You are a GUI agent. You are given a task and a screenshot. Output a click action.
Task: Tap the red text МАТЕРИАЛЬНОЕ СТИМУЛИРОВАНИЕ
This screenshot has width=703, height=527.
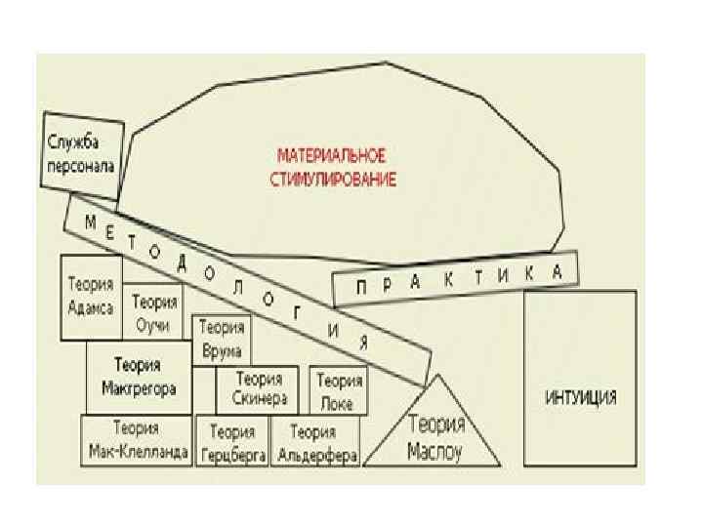point(332,167)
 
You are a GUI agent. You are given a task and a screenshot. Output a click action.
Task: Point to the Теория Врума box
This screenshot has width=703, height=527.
point(222,339)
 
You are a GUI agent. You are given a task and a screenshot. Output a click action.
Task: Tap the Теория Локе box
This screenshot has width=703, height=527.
point(338,390)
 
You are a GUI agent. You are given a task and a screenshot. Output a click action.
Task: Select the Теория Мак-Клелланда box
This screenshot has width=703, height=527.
point(138,442)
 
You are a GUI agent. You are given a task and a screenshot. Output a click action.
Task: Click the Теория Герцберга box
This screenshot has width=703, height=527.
point(232,443)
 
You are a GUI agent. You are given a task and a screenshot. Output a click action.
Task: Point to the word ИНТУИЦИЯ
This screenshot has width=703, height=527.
point(579,397)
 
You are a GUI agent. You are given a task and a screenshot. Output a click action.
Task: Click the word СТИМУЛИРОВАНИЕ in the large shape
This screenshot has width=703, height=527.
point(332,180)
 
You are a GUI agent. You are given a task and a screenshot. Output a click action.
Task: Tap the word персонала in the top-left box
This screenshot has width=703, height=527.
point(81,166)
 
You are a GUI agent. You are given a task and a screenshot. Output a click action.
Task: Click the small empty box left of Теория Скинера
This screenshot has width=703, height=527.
point(203,389)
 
